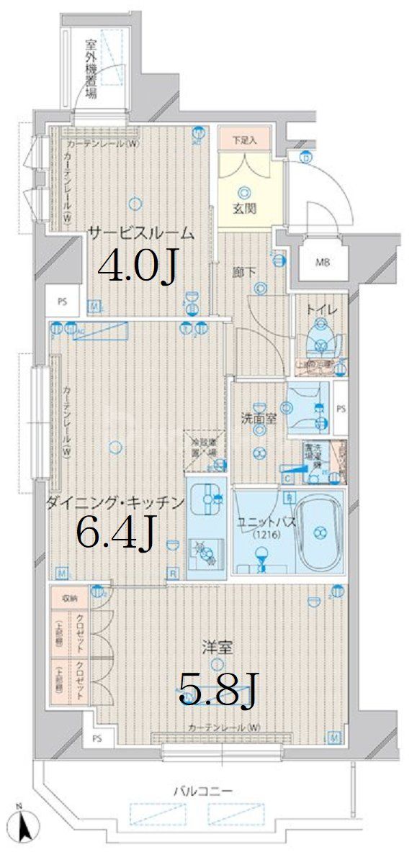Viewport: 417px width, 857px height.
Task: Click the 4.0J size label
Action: pos(137,268)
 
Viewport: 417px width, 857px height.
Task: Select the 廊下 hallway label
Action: pos(243,272)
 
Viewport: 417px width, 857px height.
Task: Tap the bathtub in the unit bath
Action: pos(318,532)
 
